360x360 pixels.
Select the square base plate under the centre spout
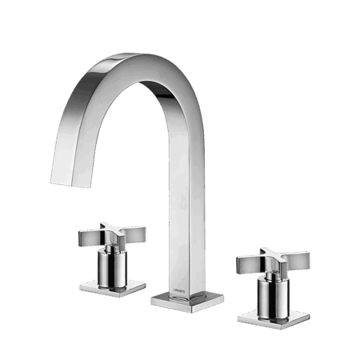pos(186,300)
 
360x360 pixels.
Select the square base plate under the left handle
pos(111,286)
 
